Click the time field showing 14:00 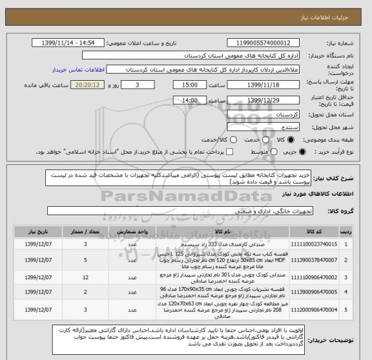[191, 100]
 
